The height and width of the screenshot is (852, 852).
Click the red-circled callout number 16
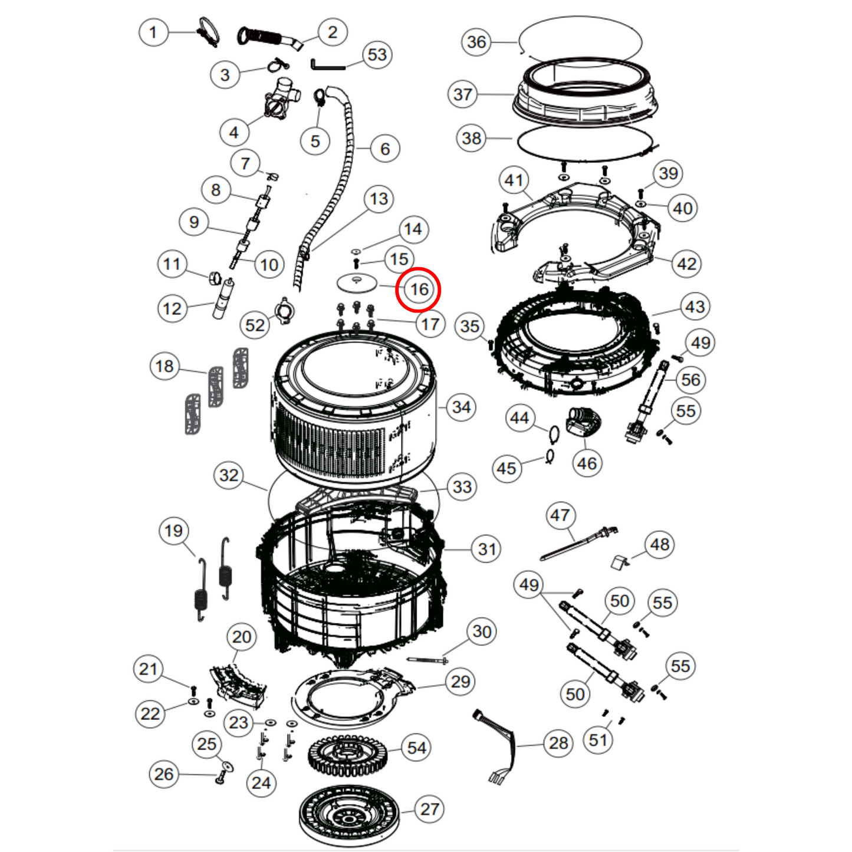click(419, 289)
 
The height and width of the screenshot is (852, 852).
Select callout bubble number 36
click(476, 42)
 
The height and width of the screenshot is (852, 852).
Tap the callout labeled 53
click(377, 55)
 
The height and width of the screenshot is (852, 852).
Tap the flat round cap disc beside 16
click(357, 282)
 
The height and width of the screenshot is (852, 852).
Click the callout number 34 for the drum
click(461, 407)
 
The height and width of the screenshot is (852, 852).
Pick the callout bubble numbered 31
click(486, 549)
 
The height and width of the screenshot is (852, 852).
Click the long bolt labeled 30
click(427, 660)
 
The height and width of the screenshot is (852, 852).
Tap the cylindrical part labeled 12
click(223, 300)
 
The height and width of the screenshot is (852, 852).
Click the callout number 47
click(560, 515)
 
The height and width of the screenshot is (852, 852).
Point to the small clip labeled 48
click(619, 562)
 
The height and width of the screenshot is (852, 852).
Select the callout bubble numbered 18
click(165, 366)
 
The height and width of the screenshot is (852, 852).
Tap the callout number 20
click(242, 637)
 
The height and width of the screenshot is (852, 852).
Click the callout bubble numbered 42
click(686, 264)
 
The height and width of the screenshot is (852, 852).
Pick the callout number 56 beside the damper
click(690, 380)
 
